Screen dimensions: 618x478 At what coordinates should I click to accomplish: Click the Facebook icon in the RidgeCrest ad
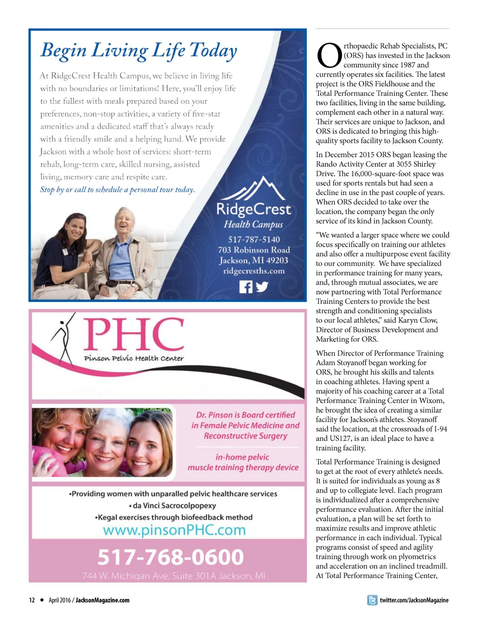[246, 287]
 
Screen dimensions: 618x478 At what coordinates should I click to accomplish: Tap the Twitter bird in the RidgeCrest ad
[262, 287]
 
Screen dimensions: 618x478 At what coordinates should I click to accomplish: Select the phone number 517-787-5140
[253, 239]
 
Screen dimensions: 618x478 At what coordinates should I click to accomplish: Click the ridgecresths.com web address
[253, 271]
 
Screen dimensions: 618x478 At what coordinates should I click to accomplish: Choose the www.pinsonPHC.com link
[174, 530]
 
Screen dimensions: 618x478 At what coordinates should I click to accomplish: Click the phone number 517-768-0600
[170, 557]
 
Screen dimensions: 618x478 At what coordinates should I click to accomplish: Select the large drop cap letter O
[329, 56]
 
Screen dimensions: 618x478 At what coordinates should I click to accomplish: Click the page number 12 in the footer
[32, 600]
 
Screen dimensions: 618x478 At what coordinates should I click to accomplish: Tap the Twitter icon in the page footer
[372, 600]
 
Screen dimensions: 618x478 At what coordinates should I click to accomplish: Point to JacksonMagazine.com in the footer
[102, 600]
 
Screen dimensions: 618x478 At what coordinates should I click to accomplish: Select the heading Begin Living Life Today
[139, 50]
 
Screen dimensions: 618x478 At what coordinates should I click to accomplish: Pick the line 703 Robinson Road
[253, 250]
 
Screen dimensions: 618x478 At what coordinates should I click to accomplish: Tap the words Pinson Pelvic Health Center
[134, 358]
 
